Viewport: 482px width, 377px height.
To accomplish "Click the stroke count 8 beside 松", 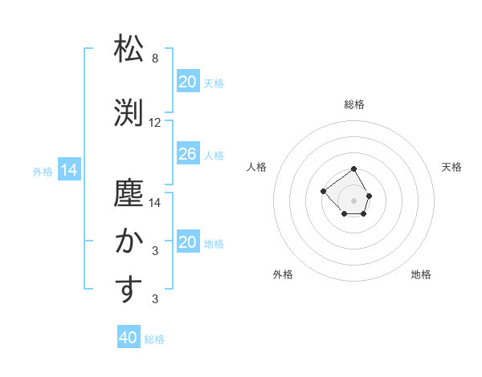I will (x=155, y=59).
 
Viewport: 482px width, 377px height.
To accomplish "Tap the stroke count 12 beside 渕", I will (x=155, y=123).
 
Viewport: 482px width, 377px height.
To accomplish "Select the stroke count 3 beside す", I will (x=155, y=299).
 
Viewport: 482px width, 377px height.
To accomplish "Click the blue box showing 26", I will (x=187, y=154).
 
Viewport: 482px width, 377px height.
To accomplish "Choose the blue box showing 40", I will (x=129, y=338).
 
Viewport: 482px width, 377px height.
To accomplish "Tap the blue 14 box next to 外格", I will (x=68, y=170).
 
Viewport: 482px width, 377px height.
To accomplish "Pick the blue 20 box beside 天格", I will (x=187, y=82).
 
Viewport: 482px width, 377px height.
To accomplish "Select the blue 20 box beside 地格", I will (x=187, y=242).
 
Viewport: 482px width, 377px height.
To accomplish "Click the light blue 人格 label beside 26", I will (x=214, y=155).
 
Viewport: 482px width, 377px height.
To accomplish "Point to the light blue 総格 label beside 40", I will (x=154, y=339).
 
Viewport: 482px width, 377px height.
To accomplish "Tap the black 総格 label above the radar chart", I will (x=354, y=104).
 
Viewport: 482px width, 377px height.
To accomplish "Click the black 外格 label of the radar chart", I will (x=283, y=274).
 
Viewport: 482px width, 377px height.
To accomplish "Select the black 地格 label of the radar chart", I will (x=421, y=274).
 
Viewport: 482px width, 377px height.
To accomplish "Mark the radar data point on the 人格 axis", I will (x=323, y=191).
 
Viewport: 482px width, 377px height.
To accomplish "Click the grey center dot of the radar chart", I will (x=353, y=200).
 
